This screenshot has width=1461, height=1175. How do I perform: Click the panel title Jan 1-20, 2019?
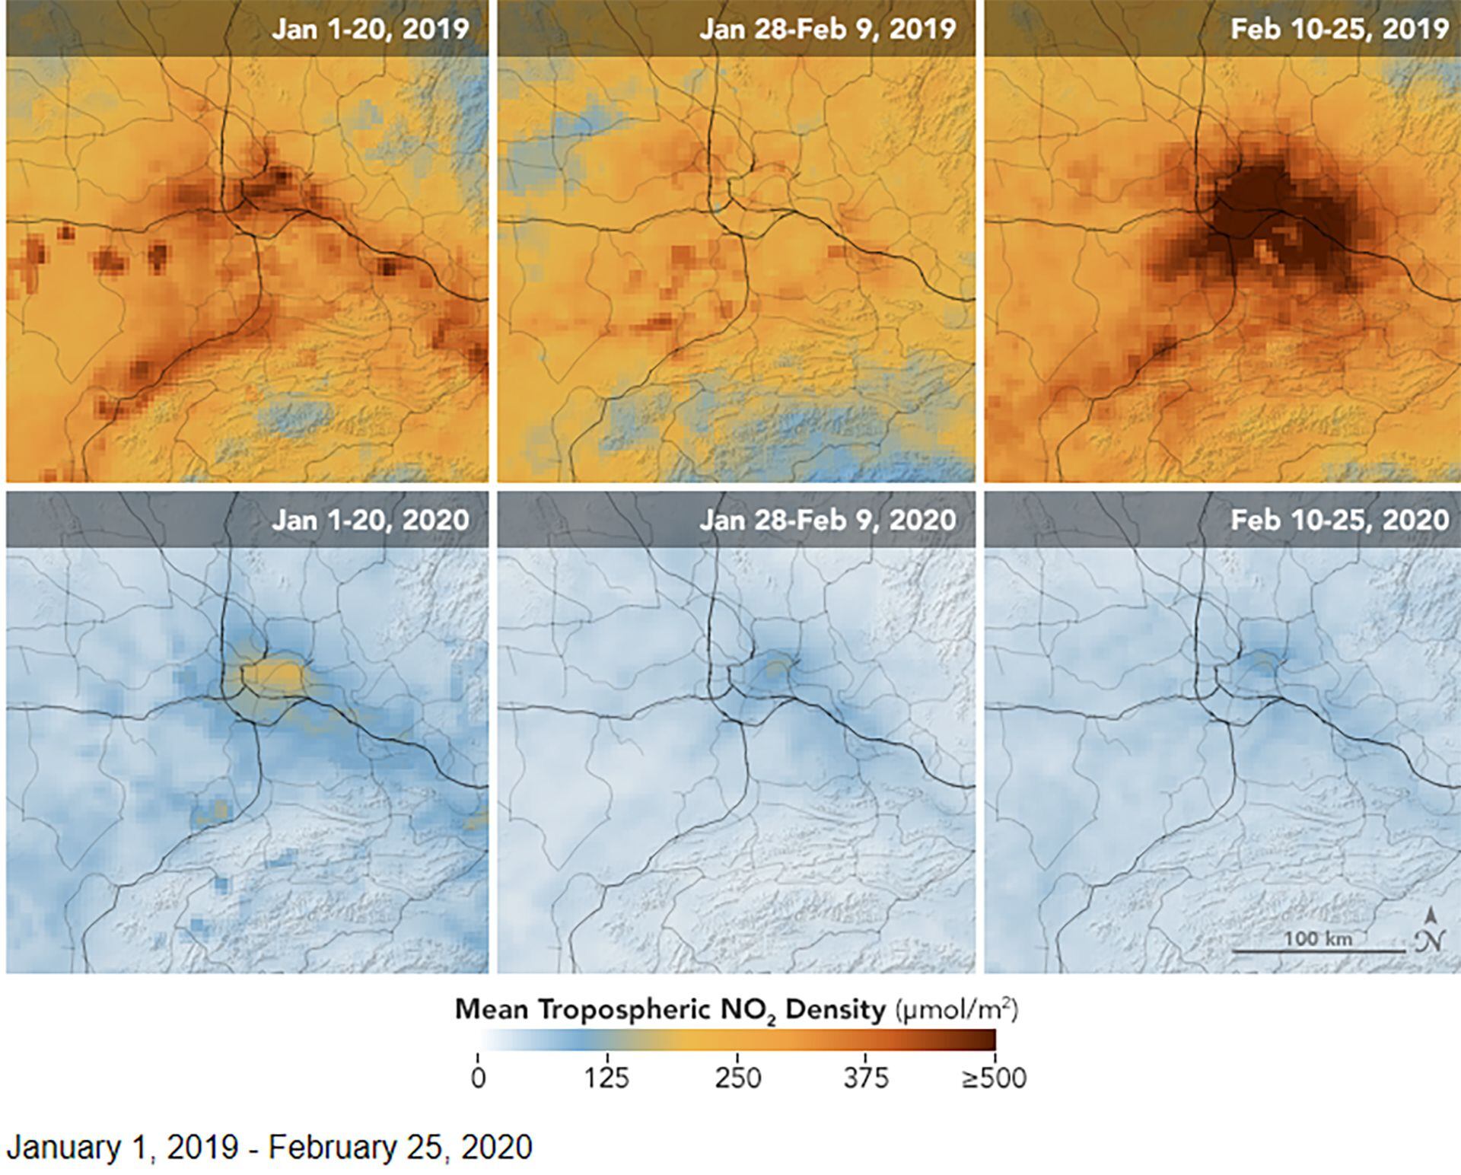pyautogui.click(x=371, y=29)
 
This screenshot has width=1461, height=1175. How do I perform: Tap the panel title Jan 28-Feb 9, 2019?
pyautogui.click(x=827, y=29)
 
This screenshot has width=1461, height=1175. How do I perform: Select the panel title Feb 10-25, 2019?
pyautogui.click(x=1339, y=29)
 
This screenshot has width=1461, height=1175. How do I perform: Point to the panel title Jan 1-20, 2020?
pyautogui.click(x=371, y=520)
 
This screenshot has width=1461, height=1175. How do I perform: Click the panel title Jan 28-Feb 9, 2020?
pyautogui.click(x=827, y=520)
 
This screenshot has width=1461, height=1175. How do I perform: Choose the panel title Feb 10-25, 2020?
pyautogui.click(x=1339, y=520)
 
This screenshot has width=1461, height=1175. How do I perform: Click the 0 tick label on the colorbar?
pyautogui.click(x=478, y=1078)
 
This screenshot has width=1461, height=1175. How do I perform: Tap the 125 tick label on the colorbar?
pyautogui.click(x=606, y=1078)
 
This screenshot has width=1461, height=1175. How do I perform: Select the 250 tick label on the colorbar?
pyautogui.click(x=737, y=1078)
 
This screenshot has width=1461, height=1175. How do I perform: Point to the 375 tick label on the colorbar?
pyautogui.click(x=866, y=1078)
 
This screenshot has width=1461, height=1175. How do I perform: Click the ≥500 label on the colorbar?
pyautogui.click(x=994, y=1078)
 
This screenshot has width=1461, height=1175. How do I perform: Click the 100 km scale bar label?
pyautogui.click(x=1318, y=938)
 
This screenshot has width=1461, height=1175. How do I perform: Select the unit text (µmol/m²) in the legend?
pyautogui.click(x=956, y=1010)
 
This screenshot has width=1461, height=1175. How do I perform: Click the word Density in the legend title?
pyautogui.click(x=836, y=1010)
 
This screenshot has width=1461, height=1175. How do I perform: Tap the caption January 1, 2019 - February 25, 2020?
pyautogui.click(x=269, y=1147)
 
